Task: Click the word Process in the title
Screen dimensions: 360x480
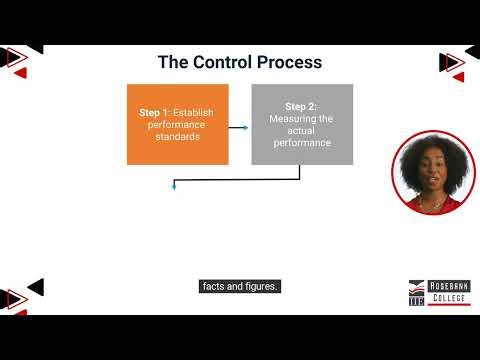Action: (x=290, y=62)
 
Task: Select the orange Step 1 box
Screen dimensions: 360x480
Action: (x=177, y=124)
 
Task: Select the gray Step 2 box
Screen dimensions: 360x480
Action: (x=302, y=124)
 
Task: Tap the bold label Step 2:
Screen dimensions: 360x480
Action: (x=302, y=106)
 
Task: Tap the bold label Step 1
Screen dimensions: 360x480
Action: (x=156, y=113)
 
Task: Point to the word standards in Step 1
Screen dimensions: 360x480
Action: (x=178, y=137)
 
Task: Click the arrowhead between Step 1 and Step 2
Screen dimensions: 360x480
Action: (x=245, y=127)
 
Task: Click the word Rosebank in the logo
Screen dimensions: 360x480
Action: (x=447, y=285)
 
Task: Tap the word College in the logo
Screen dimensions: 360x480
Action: (x=446, y=298)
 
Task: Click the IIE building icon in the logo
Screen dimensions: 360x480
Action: (x=417, y=291)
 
